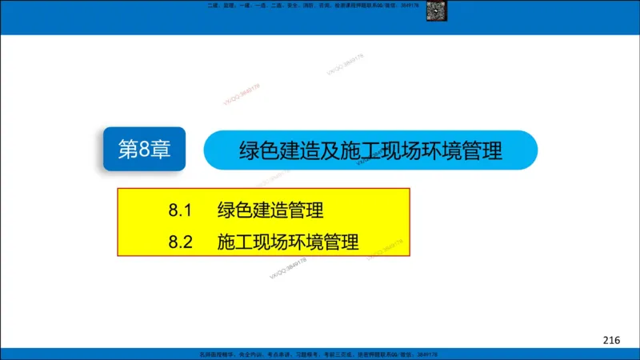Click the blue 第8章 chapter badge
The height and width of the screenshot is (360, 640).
(145, 150)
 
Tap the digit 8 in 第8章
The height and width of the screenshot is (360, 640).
(144, 150)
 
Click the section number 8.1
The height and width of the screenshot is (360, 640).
(182, 211)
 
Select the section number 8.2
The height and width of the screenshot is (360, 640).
(182, 241)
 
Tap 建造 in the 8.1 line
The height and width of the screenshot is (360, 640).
(270, 211)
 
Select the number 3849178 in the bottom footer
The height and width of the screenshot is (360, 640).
(425, 354)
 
